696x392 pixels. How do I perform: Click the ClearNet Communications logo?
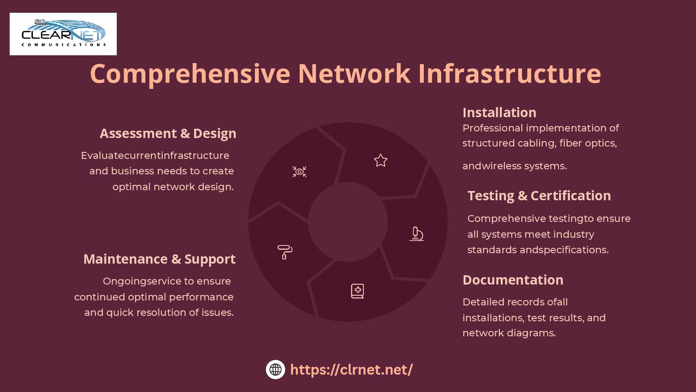[x=63, y=34]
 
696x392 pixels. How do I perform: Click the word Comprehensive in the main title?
[x=190, y=73]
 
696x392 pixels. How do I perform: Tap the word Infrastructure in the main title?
[x=509, y=73]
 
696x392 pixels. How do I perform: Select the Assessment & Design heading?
[x=168, y=133]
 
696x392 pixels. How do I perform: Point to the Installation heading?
[x=499, y=112]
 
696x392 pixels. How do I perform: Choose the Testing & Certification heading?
[x=539, y=196]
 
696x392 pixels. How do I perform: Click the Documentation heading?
[x=513, y=280]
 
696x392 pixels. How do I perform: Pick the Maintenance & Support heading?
[x=159, y=259]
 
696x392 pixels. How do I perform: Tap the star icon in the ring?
[x=380, y=160]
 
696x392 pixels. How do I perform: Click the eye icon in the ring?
[x=299, y=172]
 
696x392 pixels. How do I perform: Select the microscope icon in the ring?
[x=416, y=234]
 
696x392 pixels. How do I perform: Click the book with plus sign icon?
[x=357, y=291]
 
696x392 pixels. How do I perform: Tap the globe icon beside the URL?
[x=275, y=370]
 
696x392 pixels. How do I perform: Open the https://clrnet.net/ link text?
[x=351, y=370]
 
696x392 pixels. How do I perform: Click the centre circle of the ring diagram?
[x=348, y=222]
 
